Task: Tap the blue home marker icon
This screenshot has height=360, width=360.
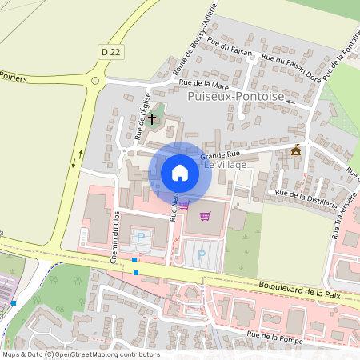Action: [180, 173]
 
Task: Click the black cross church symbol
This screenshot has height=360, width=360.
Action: [152, 118]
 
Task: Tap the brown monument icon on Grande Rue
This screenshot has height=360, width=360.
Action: [296, 150]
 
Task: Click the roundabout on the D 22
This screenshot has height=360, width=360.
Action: [97, 79]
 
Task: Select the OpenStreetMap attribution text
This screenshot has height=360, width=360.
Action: [80, 354]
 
